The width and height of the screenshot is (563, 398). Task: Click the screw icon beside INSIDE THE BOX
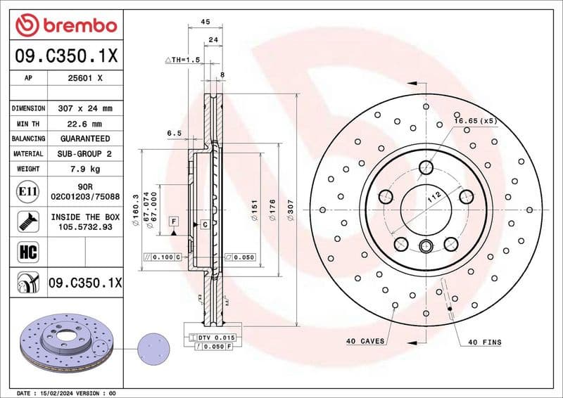pos(27,222)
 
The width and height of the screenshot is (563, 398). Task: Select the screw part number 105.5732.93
pos(84,227)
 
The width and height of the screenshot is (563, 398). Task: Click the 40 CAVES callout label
pos(365,341)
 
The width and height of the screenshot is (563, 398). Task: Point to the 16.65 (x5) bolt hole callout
pos(476,121)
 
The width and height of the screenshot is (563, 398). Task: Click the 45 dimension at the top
pos(205,22)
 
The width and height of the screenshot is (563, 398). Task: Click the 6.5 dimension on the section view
pos(175,133)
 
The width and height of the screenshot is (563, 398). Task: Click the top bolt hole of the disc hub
pos(426,167)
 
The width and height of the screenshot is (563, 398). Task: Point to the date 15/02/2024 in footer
pos(61,392)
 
